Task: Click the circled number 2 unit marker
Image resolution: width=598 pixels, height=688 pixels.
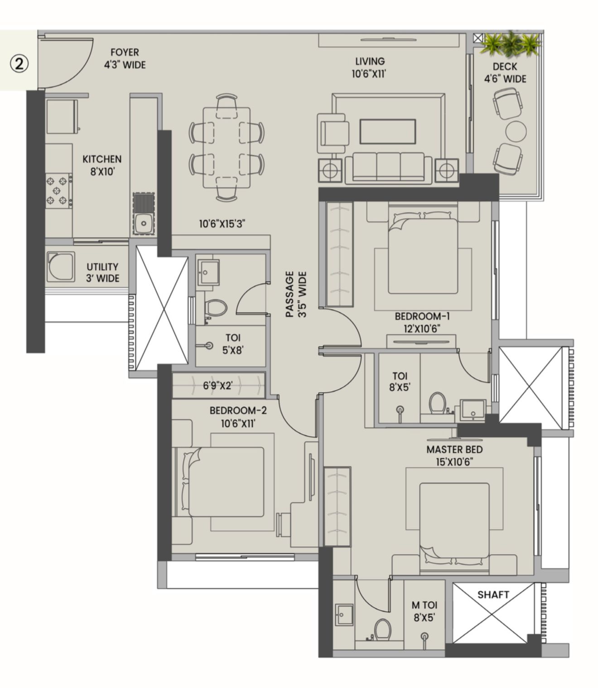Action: pos(19,64)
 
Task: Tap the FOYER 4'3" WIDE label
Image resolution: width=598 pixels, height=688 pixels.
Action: pos(125,59)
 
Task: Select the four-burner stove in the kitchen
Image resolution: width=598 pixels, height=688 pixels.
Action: pos(58,190)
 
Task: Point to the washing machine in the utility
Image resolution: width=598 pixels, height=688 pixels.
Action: pos(60,266)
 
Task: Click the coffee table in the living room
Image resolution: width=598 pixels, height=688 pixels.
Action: pos(387,131)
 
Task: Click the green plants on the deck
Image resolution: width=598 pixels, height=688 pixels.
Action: pos(511,44)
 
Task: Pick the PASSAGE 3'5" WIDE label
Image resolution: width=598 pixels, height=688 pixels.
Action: pos(296,294)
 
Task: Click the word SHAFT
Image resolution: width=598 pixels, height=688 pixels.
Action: pos(493,594)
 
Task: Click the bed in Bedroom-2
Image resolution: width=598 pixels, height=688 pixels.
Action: pos(225,482)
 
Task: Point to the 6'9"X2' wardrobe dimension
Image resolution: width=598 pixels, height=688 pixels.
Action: pos(217,386)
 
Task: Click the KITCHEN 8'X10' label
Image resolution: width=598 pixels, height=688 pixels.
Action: pos(102,165)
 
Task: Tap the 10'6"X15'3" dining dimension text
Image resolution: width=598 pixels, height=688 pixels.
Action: pos(222,223)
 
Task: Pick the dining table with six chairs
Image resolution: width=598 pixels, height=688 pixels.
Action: pos(226,147)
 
